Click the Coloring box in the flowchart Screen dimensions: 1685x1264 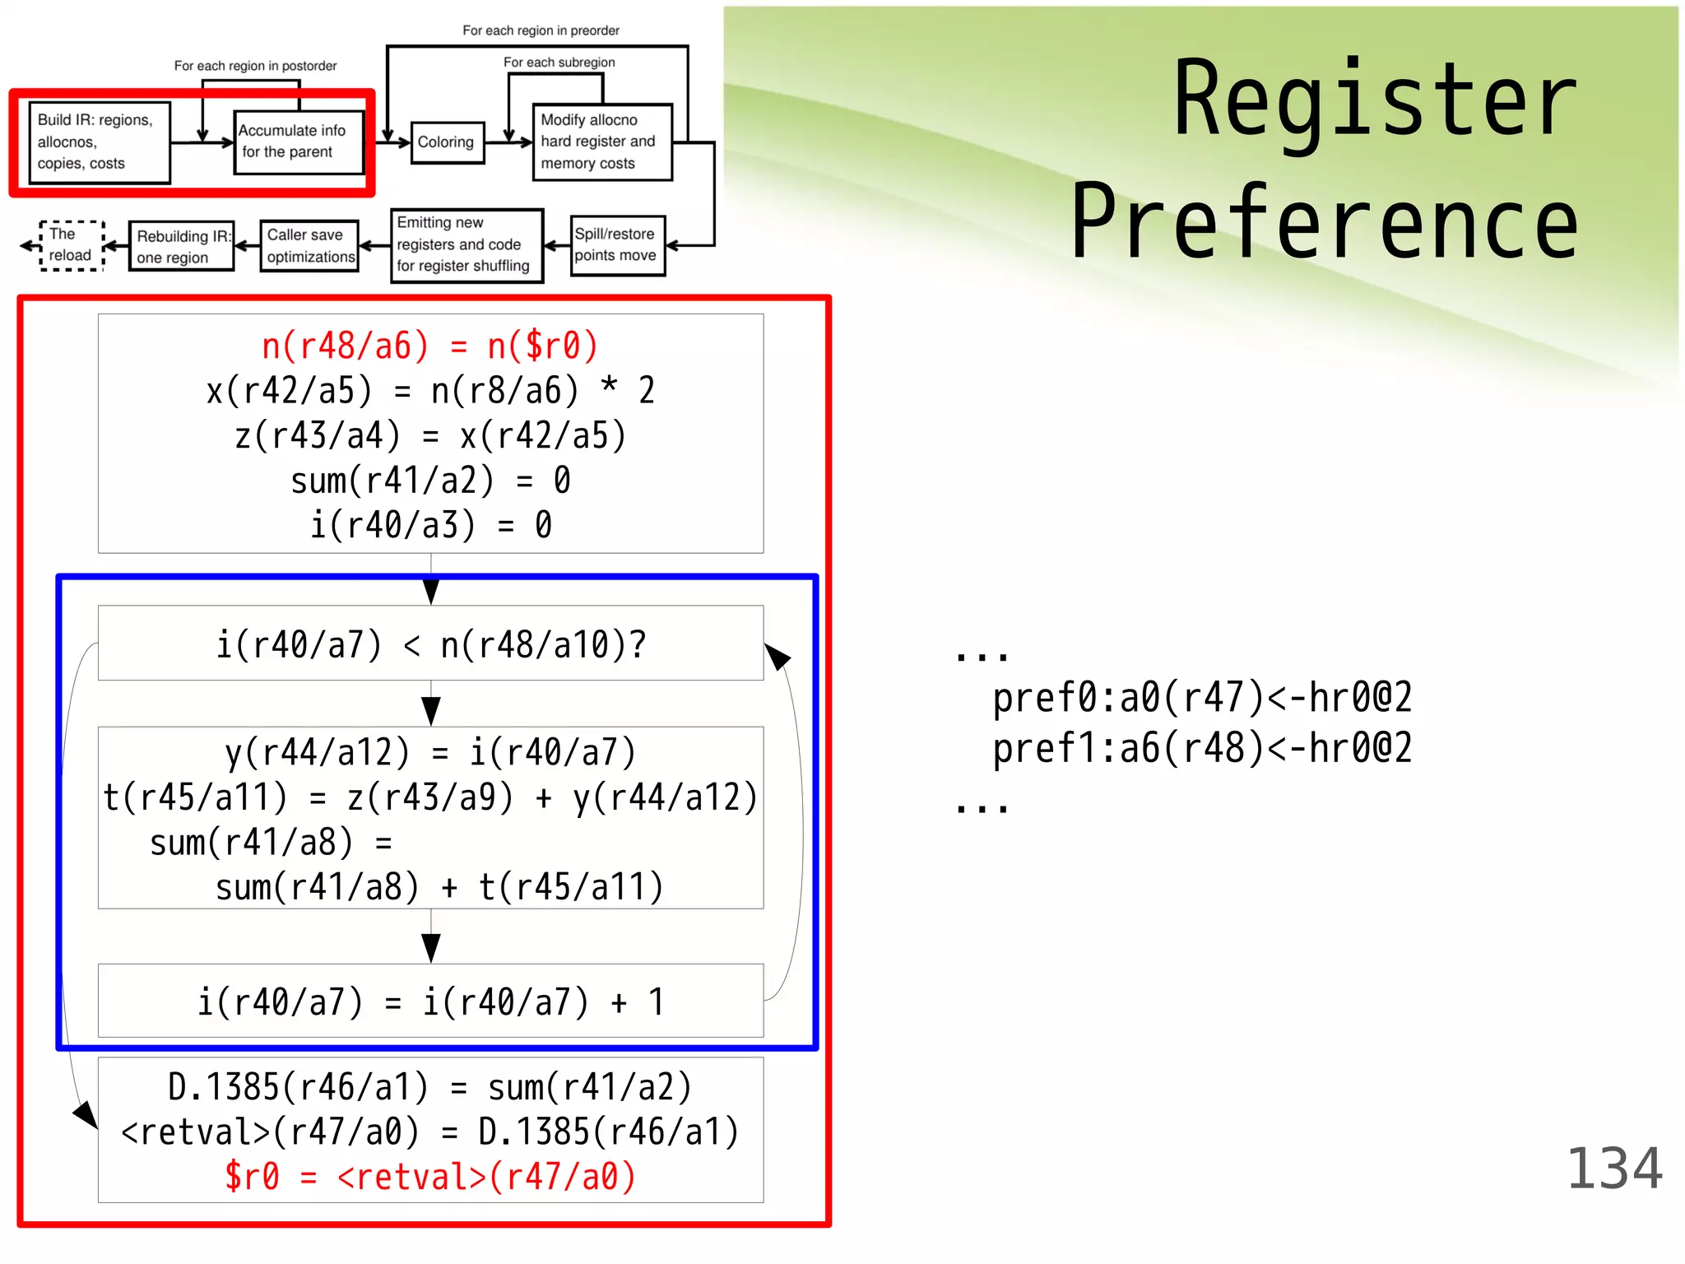(x=447, y=142)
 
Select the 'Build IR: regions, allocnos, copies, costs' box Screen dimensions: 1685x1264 (x=99, y=142)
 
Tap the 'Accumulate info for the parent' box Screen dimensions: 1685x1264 (x=298, y=142)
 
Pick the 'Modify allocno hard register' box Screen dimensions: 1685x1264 (x=602, y=142)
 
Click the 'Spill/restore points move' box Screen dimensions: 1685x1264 (x=617, y=245)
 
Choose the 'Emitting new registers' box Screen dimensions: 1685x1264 (x=466, y=245)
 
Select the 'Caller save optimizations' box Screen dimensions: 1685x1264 (x=309, y=245)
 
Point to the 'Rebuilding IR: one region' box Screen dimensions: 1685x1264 (x=181, y=246)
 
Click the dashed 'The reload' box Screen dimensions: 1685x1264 (x=71, y=245)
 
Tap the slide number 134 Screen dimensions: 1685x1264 (x=1613, y=1169)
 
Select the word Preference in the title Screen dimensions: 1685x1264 (x=1325, y=222)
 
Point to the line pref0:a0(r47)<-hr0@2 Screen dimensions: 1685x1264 (x=1201, y=698)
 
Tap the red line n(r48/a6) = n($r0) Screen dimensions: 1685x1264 (x=429, y=346)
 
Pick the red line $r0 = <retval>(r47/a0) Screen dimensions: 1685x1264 (x=429, y=1177)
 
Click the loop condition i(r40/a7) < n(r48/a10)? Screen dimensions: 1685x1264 (x=430, y=644)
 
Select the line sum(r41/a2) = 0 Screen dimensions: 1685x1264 (x=429, y=481)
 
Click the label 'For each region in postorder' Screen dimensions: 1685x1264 (x=255, y=66)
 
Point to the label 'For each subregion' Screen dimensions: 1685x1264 (x=559, y=63)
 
